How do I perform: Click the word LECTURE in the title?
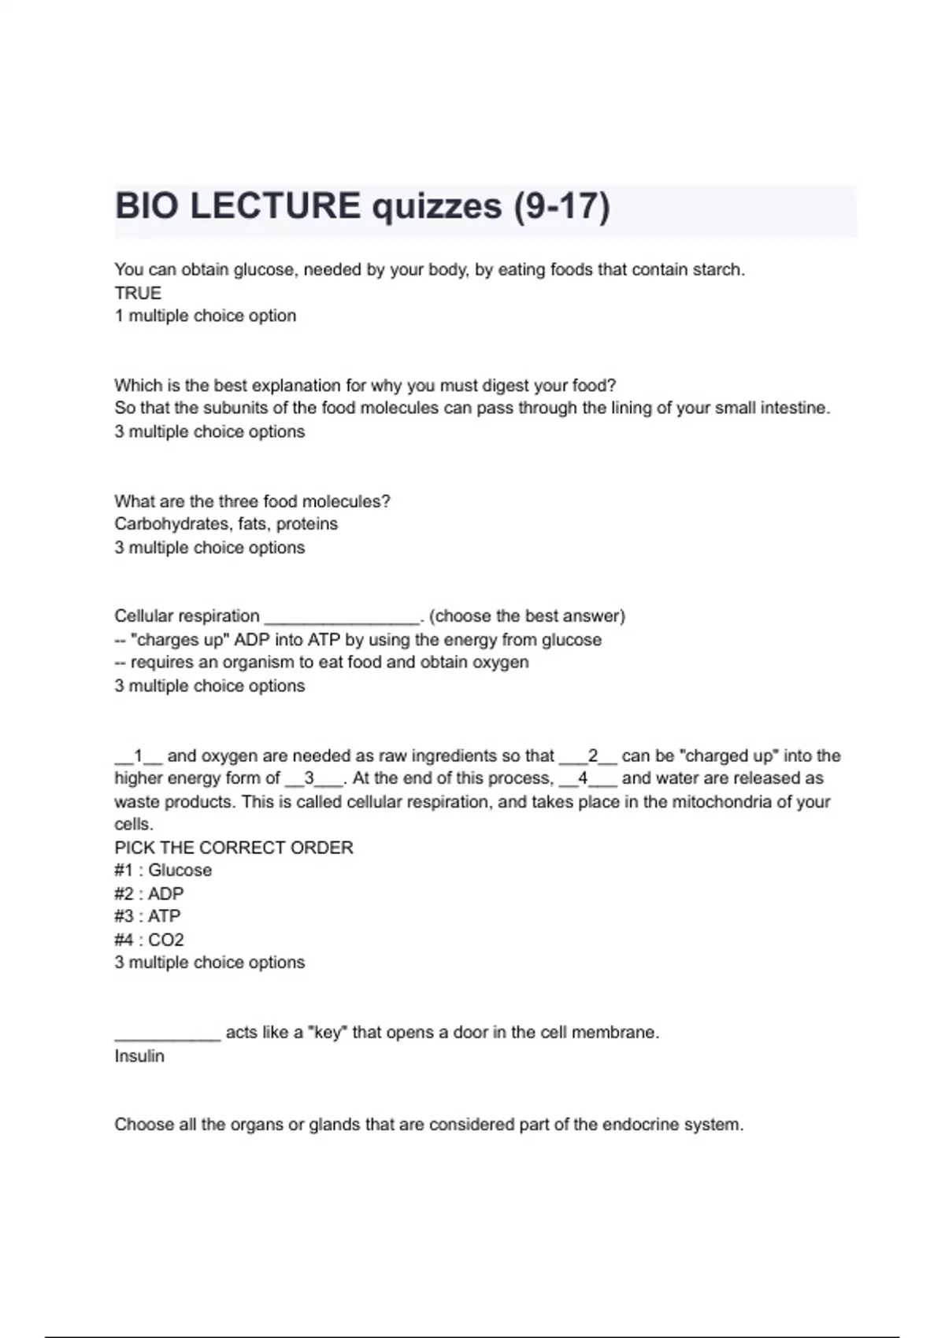(276, 206)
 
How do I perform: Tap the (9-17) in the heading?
(561, 206)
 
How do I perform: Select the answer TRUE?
(138, 293)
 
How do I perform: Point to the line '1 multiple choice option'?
(206, 316)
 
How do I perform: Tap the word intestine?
(795, 408)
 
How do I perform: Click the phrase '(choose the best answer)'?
(527, 616)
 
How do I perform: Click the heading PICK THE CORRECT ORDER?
(234, 848)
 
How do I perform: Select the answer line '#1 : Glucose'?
(163, 870)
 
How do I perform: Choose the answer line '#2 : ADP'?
(149, 894)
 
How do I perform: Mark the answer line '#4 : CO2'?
(149, 940)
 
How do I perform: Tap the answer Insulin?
(139, 1056)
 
